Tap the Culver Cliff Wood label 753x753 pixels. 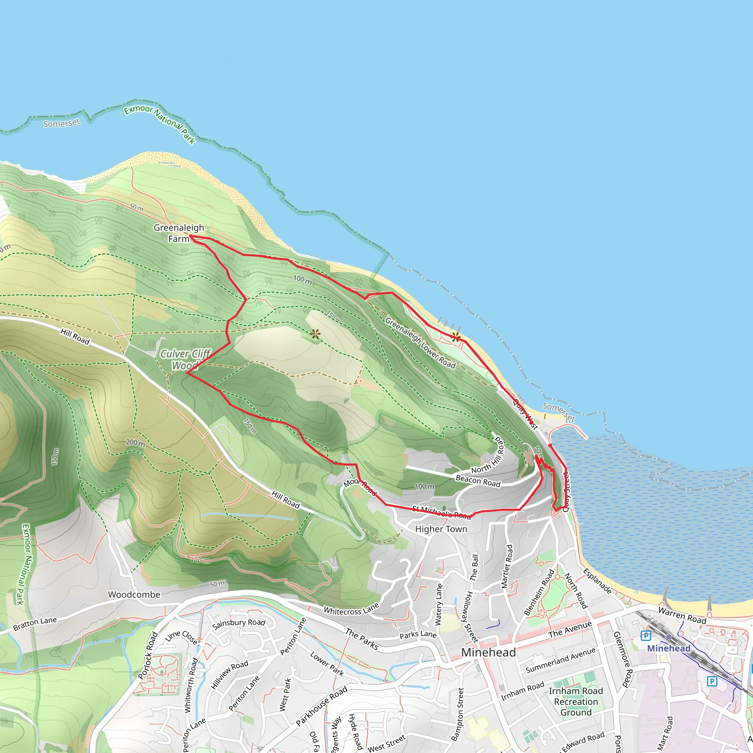click(186, 359)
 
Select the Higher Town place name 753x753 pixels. click(441, 529)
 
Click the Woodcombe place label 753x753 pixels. click(134, 595)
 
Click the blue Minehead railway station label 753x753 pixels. click(668, 648)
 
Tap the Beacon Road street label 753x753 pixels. click(478, 481)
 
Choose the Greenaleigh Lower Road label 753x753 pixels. click(420, 343)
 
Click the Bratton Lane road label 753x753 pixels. click(35, 624)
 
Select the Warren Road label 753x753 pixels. click(682, 615)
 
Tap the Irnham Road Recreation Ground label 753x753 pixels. click(576, 702)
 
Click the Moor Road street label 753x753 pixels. click(360, 486)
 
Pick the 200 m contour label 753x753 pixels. click(135, 443)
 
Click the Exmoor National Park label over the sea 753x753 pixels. click(160, 124)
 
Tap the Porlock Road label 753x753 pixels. click(148, 656)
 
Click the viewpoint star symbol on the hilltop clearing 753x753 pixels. click(315, 334)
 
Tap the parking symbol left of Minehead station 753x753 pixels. click(645, 636)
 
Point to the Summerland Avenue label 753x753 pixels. click(560, 660)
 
